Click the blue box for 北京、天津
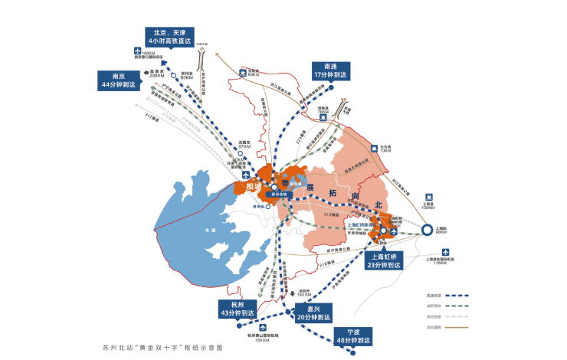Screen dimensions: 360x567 (x=170, y=37)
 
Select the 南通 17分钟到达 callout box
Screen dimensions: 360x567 (x=331, y=70)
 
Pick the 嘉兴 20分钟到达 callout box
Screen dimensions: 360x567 (x=313, y=313)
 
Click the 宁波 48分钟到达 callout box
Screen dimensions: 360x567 (x=352, y=335)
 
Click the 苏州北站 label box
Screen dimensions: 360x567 (x=274, y=195)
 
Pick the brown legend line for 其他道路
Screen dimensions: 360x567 (x=455, y=327)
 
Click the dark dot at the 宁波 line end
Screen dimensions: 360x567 (x=352, y=352)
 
